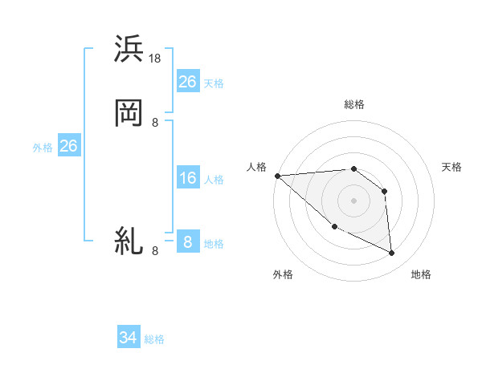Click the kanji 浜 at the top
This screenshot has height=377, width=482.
coord(129,50)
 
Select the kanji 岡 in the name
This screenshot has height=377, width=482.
coord(129,113)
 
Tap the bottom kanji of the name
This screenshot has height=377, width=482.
coord(129,241)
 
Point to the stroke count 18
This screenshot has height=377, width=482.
coord(156,59)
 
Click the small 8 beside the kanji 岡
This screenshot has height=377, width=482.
coord(155,123)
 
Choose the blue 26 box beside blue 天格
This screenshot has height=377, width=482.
coord(187,81)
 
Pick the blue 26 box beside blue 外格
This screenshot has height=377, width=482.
coord(68,146)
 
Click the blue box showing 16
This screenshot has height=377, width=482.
coord(187,178)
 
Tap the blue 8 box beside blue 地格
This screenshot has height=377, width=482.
coord(187,241)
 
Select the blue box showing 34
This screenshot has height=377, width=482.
coord(129,338)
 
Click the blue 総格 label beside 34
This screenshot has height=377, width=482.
coord(154,339)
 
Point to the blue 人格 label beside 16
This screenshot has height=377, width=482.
coord(214,180)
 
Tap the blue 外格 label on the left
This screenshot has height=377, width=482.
coord(43,148)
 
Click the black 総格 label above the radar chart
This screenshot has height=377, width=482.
coord(354,104)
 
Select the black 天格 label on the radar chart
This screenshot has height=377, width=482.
coord(452,167)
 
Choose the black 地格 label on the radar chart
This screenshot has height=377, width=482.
coord(421,274)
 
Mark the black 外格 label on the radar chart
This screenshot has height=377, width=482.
coord(283,274)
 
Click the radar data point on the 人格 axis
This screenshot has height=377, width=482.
coord(277,176)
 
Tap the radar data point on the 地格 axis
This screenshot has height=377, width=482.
coord(392,253)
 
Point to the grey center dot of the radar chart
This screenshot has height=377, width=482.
coord(353,201)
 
